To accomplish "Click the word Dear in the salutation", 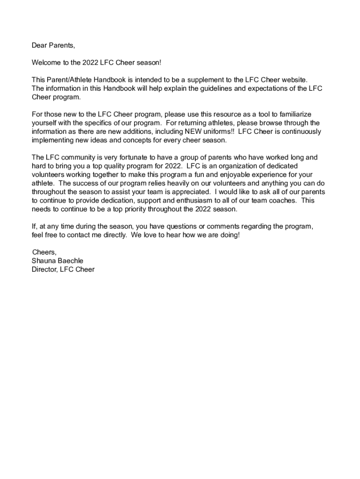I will click(x=39, y=45).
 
